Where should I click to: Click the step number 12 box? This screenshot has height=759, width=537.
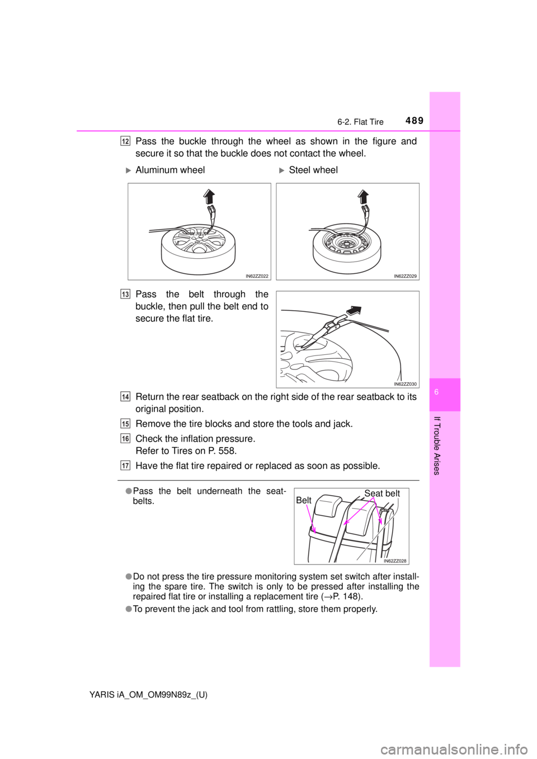124,141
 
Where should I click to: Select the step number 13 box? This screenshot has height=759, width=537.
124,295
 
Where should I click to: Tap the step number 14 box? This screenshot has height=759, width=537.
124,396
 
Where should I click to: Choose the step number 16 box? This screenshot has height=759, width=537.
124,438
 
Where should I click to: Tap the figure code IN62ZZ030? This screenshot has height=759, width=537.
406,384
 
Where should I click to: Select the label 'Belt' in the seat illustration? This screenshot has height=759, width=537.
304,501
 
